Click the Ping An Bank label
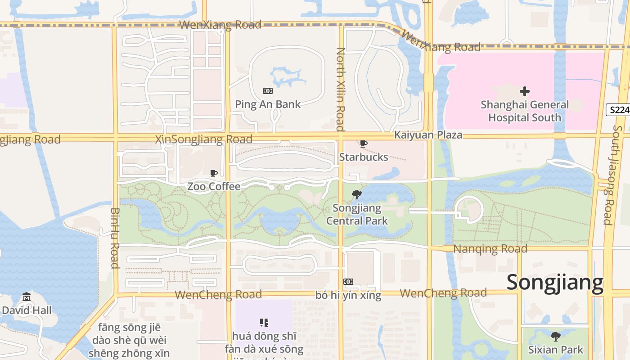(x=268, y=104)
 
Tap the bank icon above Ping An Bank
(x=268, y=91)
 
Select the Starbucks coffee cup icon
(x=364, y=144)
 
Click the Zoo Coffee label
(x=214, y=186)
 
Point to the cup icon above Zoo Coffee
(x=214, y=173)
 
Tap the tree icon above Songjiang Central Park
(x=357, y=195)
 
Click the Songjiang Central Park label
(x=357, y=214)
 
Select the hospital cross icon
(x=525, y=92)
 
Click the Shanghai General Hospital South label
(x=525, y=111)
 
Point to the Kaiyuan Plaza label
(x=428, y=135)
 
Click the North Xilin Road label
(x=340, y=89)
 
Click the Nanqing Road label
(x=490, y=249)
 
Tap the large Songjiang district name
(x=555, y=283)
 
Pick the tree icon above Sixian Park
(x=556, y=337)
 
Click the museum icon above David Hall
(x=27, y=297)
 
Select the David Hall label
(x=27, y=310)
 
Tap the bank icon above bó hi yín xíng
(x=348, y=282)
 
